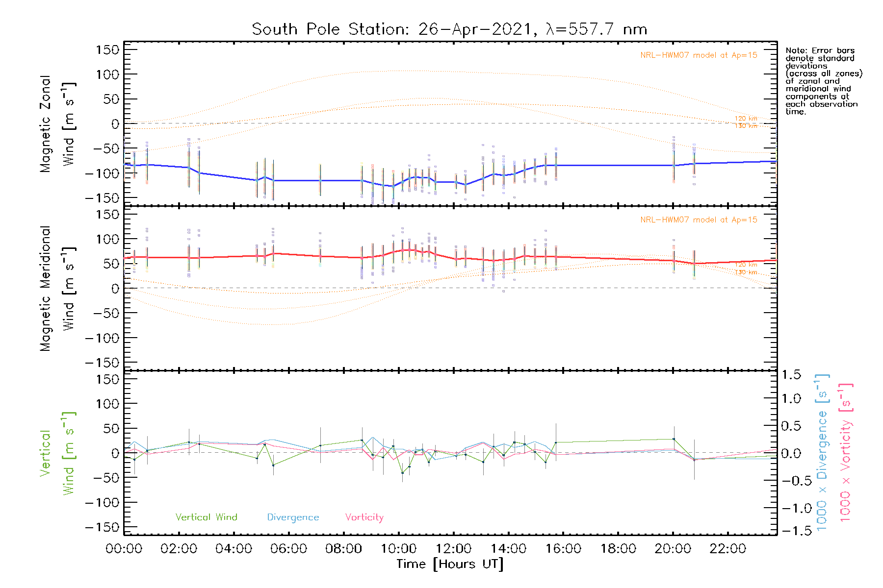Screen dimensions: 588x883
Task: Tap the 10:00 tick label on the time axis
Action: tap(398, 549)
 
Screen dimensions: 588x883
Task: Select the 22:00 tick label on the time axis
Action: tap(727, 549)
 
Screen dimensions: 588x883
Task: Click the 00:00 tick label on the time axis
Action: tap(124, 549)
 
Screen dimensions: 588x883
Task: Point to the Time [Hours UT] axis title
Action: tap(450, 564)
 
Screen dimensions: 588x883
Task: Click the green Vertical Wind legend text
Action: tap(206, 517)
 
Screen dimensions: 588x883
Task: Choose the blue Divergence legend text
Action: tap(293, 517)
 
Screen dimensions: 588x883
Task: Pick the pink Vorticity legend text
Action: tap(364, 517)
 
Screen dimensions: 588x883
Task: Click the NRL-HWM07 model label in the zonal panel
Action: tap(699, 55)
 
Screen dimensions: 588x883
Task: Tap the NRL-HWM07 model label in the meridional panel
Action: tap(699, 220)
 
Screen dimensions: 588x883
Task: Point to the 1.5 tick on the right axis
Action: tap(791, 375)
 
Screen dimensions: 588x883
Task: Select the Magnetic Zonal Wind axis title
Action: tap(57, 123)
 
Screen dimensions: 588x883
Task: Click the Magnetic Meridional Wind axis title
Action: tap(57, 288)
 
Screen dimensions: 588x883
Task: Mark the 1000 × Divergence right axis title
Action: tap(822, 453)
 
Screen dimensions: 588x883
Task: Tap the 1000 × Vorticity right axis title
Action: tap(845, 453)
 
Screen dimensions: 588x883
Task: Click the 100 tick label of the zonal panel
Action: tap(107, 74)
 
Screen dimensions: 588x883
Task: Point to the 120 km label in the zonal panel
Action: tap(746, 119)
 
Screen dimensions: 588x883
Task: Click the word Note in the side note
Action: tap(796, 50)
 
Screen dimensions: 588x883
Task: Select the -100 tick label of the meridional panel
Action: tap(103, 338)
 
